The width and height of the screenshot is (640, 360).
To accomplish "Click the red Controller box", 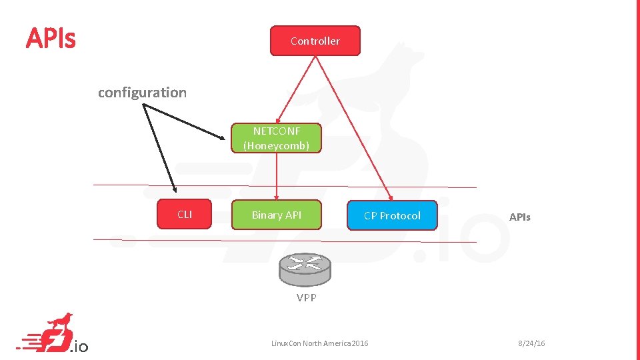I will tap(315, 41).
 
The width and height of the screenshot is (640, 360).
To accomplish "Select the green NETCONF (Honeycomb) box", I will tap(277, 138).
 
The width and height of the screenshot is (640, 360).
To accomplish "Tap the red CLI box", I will tap(185, 215).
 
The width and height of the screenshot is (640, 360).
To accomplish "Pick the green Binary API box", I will tap(277, 215).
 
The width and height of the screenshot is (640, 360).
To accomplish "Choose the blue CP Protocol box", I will tap(392, 215).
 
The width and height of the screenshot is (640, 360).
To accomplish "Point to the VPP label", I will tap(307, 298).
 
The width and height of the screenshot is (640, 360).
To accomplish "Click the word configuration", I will tap(142, 93).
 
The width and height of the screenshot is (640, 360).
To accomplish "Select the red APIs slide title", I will tap(51, 39).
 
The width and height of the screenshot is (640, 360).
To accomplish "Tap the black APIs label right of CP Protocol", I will tap(520, 217).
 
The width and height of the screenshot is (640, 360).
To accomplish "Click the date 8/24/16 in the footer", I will tap(531, 343).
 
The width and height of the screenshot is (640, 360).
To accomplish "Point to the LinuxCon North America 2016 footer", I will tap(319, 343).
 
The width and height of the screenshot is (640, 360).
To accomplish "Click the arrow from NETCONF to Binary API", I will tap(277, 177).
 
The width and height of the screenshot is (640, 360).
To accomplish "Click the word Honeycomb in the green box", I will tap(277, 145).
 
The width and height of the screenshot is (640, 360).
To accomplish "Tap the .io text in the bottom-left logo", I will tap(79, 346).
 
